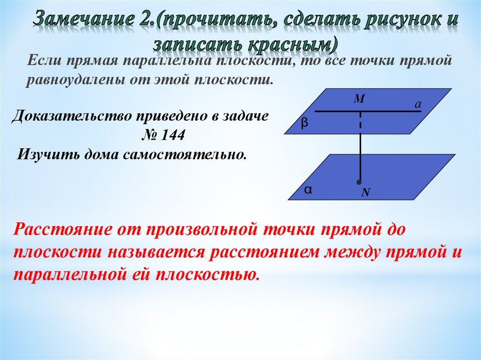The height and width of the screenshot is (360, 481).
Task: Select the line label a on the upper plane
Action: tap(416, 106)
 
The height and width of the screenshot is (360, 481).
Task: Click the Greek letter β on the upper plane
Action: tap(304, 123)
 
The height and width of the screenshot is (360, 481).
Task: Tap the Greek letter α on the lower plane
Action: tap(308, 190)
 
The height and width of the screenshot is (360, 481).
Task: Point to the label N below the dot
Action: tap(365, 192)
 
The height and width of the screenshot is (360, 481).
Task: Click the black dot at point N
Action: tap(360, 182)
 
